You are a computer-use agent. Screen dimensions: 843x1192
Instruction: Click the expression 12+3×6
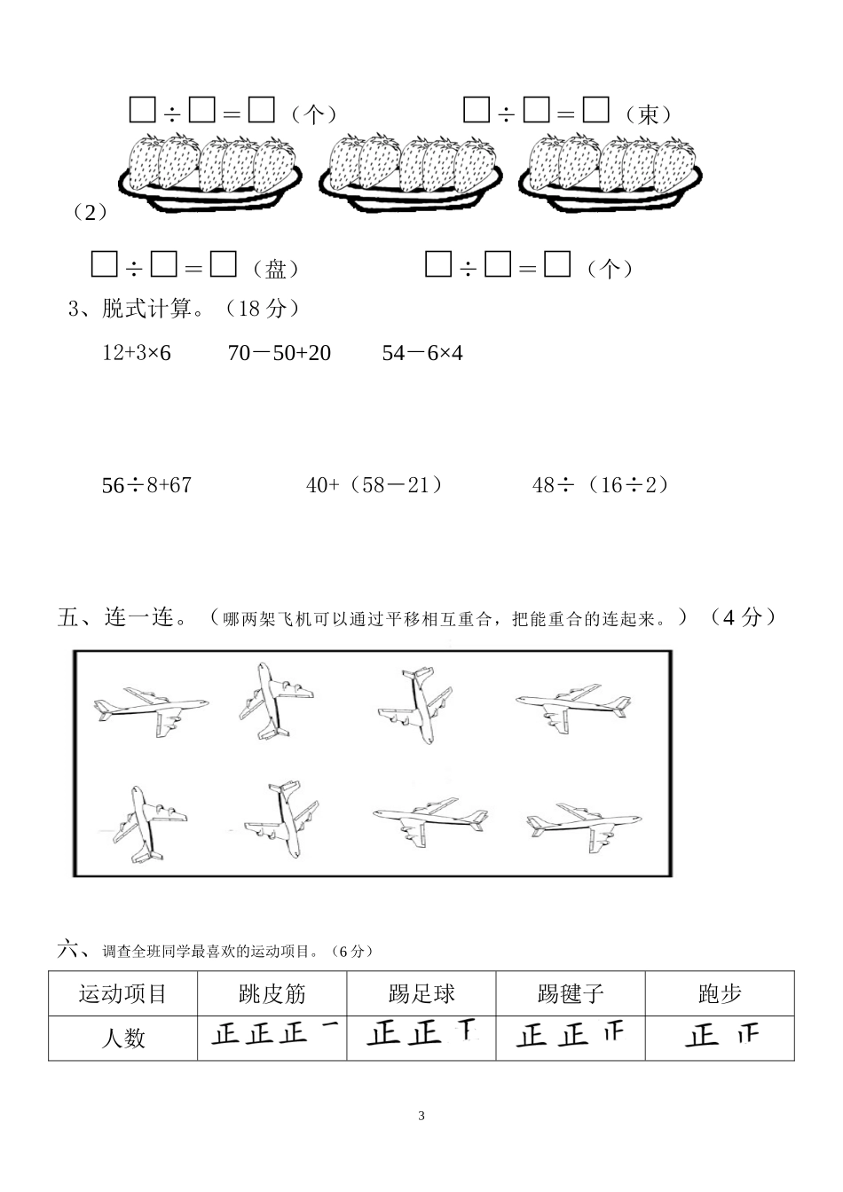[x=137, y=353]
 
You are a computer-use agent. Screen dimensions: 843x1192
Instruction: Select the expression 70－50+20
[x=279, y=353]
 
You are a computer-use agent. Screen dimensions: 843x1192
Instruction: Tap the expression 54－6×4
[x=422, y=353]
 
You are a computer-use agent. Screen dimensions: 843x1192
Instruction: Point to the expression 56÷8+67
[x=146, y=485]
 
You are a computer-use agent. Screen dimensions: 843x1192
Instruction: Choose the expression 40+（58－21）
[x=374, y=485]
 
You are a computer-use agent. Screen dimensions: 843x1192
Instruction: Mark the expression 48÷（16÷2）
[x=602, y=485]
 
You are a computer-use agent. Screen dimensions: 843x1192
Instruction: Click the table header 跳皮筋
[x=272, y=994]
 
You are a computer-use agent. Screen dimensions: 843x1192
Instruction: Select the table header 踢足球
[x=421, y=994]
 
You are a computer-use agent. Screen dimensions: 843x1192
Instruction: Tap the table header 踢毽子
[x=571, y=994]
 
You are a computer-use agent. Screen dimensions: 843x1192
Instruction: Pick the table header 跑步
[x=720, y=994]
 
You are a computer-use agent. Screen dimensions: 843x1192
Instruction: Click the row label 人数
[x=123, y=1038]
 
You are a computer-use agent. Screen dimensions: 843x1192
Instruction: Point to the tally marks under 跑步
[x=721, y=1036]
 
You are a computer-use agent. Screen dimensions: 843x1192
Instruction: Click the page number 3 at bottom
[x=421, y=1116]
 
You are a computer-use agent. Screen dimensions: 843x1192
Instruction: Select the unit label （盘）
[x=275, y=269]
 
